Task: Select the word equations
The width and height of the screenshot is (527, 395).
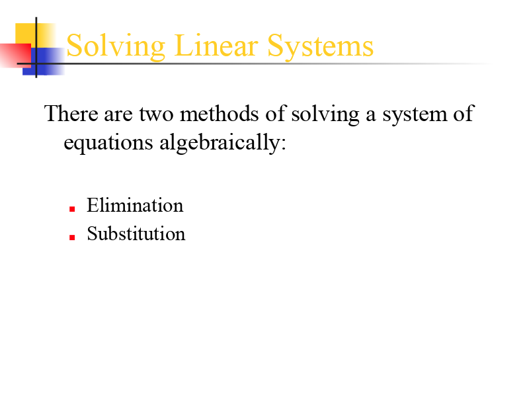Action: tap(108, 143)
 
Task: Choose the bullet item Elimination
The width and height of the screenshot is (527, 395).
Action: tap(135, 205)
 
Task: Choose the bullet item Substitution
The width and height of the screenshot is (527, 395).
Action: tap(136, 234)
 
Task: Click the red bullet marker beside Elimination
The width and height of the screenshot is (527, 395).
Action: tap(71, 208)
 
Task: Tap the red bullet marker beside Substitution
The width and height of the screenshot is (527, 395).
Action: tap(71, 236)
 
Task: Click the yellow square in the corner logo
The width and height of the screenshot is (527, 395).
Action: tap(26, 33)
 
